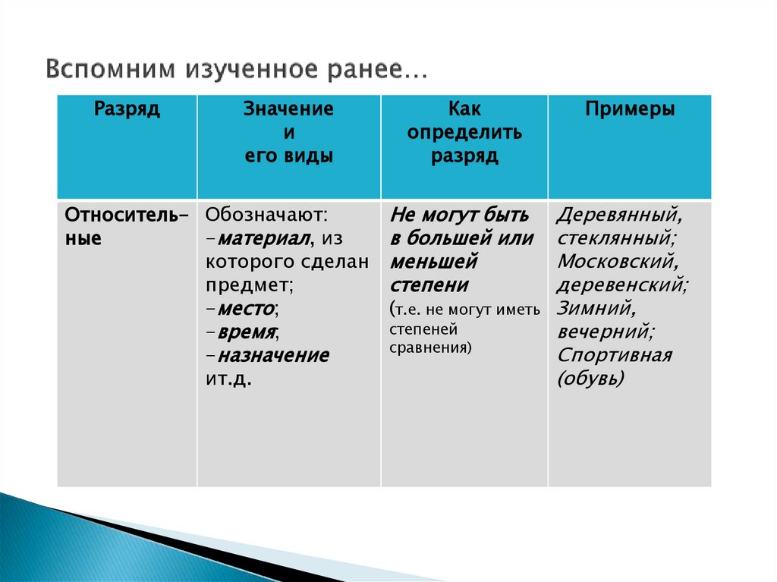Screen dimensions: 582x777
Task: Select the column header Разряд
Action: point(127,109)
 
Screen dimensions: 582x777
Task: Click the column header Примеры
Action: point(629,109)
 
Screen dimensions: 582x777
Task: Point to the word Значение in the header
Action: point(288,109)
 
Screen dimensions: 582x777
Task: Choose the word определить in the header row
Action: point(464,133)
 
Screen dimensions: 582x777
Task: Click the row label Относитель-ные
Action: point(127,225)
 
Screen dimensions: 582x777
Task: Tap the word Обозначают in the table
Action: point(266,215)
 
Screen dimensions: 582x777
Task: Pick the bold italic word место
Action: point(244,309)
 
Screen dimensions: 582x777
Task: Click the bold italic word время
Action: point(246,332)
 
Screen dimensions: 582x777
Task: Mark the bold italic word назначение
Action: point(272,356)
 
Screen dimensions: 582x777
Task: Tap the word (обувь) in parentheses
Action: point(590,379)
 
